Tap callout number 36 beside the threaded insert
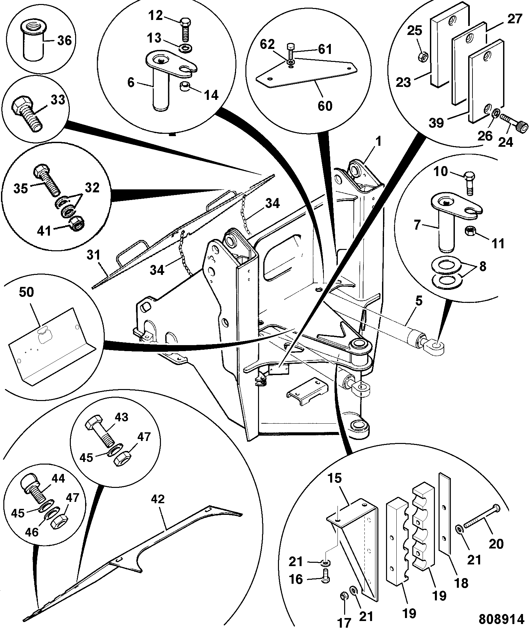click(x=65, y=41)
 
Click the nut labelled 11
click(x=468, y=230)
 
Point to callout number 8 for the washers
click(x=482, y=266)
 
